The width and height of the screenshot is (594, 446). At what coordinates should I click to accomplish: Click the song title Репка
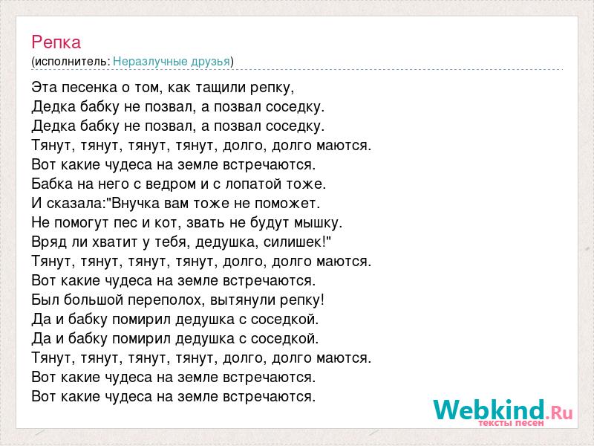tap(56, 42)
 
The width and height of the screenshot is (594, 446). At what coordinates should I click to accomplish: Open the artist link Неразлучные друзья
tap(172, 62)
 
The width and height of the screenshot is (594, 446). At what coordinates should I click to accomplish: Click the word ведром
tap(171, 184)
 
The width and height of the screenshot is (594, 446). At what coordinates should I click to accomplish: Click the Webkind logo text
tap(489, 410)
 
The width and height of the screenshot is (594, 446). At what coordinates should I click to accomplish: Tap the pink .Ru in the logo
tap(560, 413)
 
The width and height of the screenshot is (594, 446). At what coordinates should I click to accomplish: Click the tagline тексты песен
tap(511, 423)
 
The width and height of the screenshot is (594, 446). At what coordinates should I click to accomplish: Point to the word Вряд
tap(50, 242)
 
